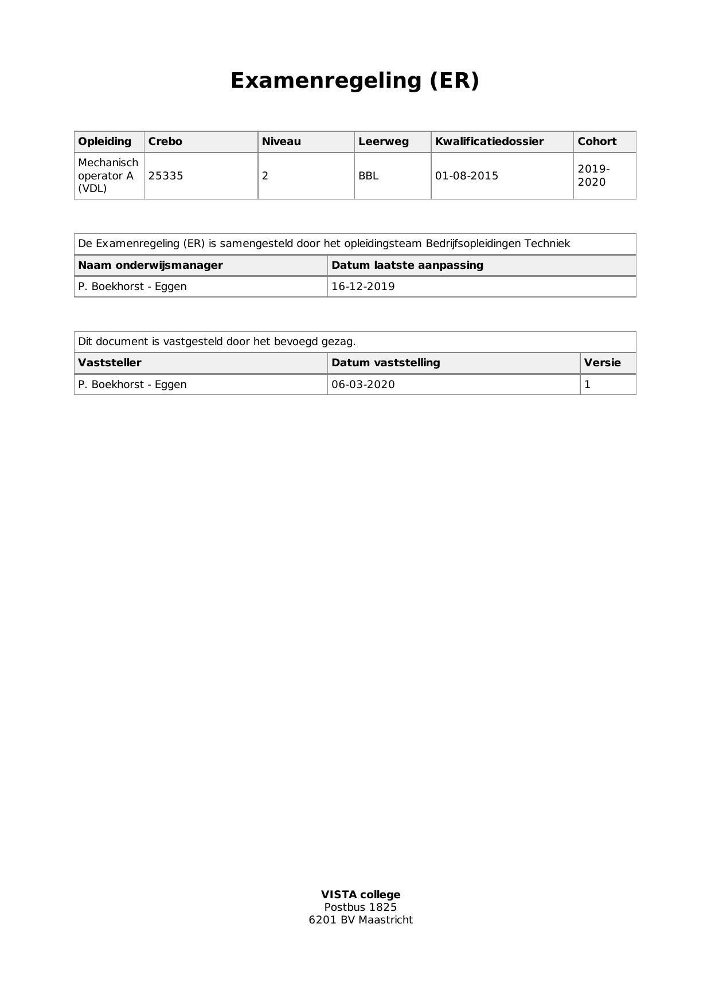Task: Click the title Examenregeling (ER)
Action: coord(354,81)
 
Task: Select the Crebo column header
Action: coord(165,142)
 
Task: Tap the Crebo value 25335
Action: coord(166,176)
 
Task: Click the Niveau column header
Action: coord(281,142)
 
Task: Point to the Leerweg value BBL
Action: coord(368,176)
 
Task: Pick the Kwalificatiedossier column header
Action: coord(489,142)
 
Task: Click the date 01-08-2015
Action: coord(467,176)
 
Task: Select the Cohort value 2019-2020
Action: coord(593,176)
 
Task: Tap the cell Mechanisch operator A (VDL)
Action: coord(108,175)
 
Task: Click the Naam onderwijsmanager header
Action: coord(150,265)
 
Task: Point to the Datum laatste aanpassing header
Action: coord(407,265)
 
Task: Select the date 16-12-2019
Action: coord(363,287)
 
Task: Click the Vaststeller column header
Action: coord(110,363)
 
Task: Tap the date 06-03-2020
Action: coord(363,385)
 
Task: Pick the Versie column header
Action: coord(602,363)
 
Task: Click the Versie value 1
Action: coord(587,385)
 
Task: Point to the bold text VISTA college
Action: coord(361,895)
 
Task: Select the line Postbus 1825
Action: coord(361,907)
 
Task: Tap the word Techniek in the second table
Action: coord(547,244)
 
